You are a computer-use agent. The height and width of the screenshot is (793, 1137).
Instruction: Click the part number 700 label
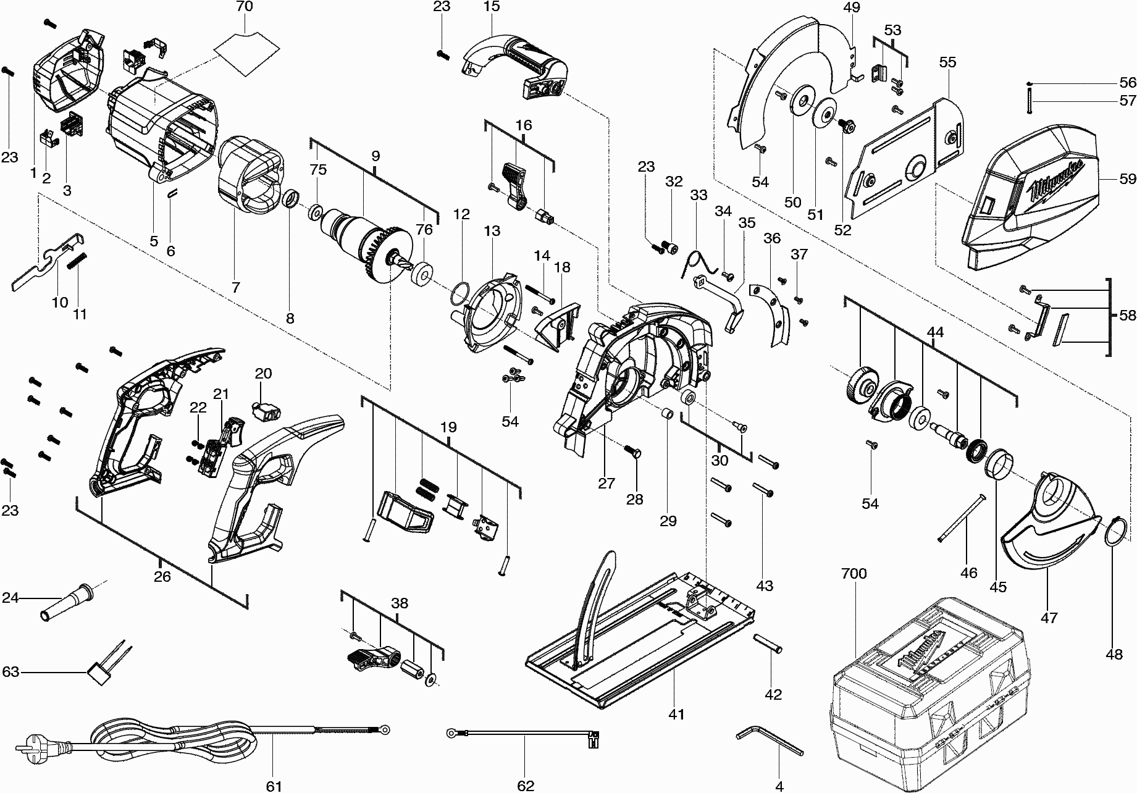click(x=854, y=574)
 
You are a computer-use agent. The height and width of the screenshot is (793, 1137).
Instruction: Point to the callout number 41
click(x=676, y=715)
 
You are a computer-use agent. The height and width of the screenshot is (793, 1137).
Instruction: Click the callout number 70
click(x=245, y=8)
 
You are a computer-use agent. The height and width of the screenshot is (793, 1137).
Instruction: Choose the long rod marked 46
click(x=960, y=518)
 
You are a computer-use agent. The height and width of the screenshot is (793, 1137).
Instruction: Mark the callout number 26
click(x=162, y=577)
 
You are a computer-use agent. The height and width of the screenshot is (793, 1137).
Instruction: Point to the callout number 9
click(x=376, y=156)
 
